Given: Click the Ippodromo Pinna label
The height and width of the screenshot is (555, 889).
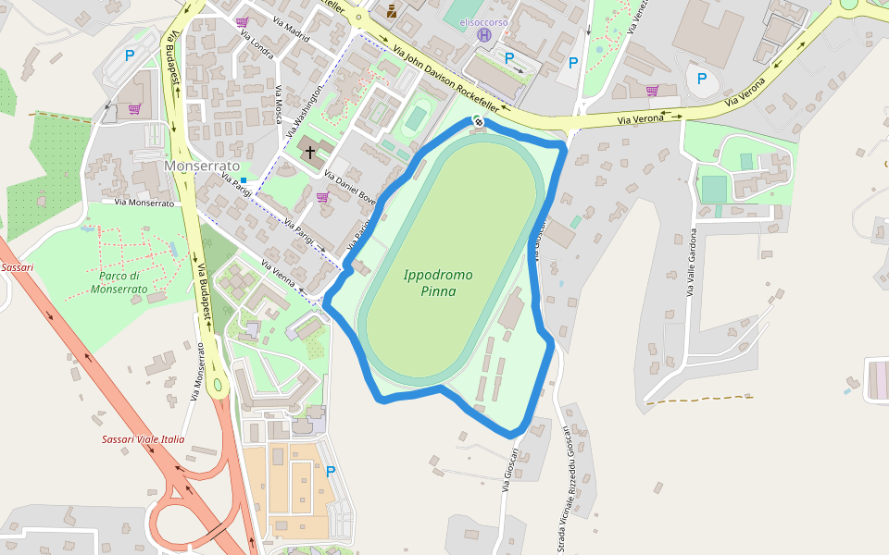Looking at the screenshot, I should pyautogui.click(x=438, y=282).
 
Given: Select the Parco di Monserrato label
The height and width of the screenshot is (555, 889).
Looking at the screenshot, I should pyautogui.click(x=119, y=282).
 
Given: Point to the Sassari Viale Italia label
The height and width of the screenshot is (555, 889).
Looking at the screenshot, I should pyautogui.click(x=143, y=439).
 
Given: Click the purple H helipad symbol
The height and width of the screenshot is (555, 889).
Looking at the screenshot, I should pyautogui.click(x=483, y=34).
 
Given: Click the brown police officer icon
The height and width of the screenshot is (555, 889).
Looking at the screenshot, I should pyautogui.click(x=392, y=11).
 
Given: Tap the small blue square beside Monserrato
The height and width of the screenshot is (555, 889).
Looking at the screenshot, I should pyautogui.click(x=244, y=179).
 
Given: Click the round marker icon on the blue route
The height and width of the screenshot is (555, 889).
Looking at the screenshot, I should pyautogui.click(x=479, y=122).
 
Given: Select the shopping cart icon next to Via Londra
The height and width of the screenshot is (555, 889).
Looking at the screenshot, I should pyautogui.click(x=242, y=21).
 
